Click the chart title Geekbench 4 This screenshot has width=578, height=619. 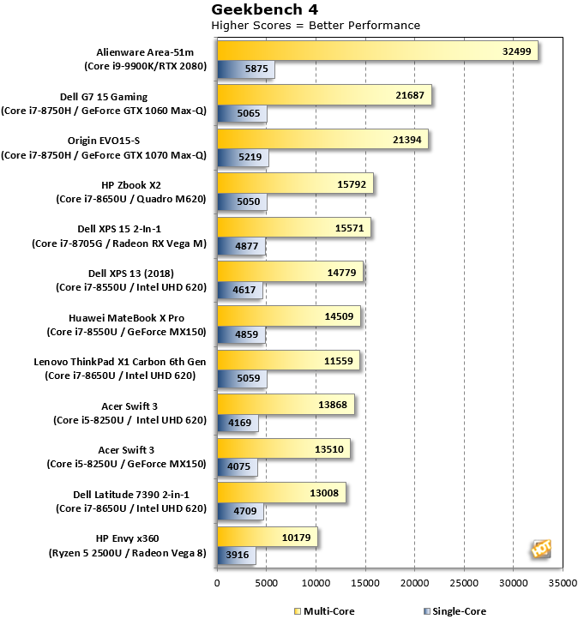(264, 9)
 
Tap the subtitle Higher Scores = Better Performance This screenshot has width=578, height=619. (316, 25)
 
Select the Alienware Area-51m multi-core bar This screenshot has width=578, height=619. (377, 51)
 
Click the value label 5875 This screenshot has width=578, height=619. (256, 69)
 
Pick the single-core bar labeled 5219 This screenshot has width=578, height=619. (243, 157)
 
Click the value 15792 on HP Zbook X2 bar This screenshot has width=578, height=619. (352, 184)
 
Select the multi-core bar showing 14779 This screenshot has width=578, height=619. (290, 272)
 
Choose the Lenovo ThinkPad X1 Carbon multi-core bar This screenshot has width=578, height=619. (288, 360)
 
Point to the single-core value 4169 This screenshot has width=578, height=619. (239, 423)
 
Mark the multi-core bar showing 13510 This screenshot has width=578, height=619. (284, 448)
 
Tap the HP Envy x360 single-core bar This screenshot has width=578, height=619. (237, 555)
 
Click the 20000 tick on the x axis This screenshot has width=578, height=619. (414, 583)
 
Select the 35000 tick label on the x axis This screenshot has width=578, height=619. (563, 583)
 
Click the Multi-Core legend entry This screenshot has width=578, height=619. (324, 611)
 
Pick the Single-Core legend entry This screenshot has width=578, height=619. (455, 611)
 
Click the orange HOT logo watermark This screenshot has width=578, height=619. (541, 549)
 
